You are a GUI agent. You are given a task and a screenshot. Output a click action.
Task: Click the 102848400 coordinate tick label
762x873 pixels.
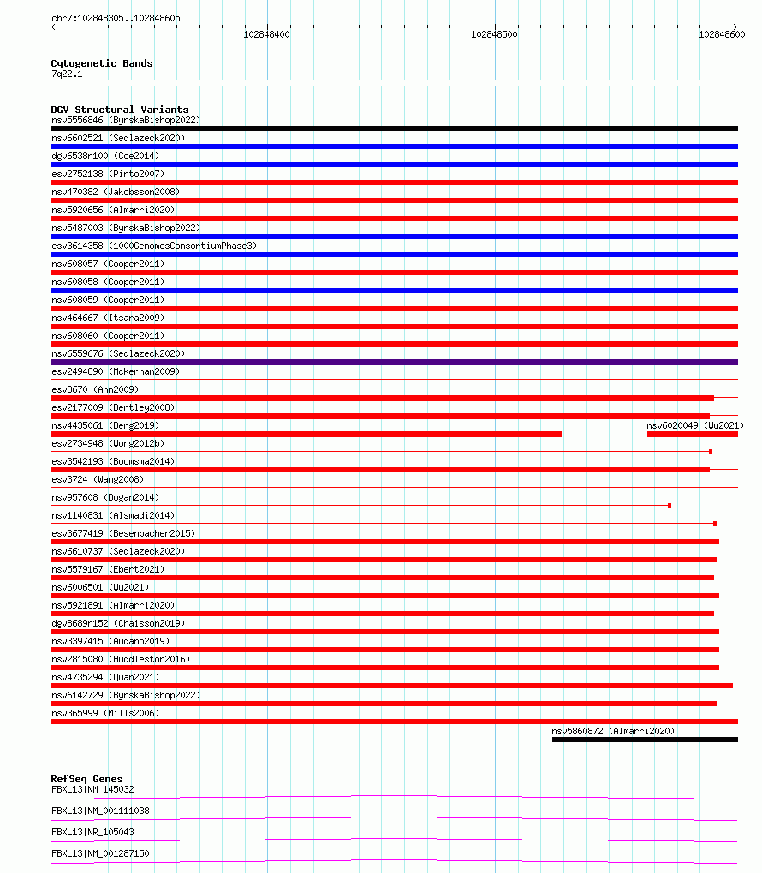coord(266,34)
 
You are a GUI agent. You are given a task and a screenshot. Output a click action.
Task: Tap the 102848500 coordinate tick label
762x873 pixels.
coord(494,34)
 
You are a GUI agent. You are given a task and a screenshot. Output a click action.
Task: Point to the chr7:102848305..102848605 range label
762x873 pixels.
coord(116,18)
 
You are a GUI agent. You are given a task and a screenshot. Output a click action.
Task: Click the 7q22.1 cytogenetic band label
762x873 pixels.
coord(67,74)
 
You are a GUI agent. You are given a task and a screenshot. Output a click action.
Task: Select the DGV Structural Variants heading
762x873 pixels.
coord(119,110)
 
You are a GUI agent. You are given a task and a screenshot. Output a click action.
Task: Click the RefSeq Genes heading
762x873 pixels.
coord(86,779)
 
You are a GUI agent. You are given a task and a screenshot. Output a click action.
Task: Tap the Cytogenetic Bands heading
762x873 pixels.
coord(101,63)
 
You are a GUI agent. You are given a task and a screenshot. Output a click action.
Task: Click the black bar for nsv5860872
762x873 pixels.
coord(644,739)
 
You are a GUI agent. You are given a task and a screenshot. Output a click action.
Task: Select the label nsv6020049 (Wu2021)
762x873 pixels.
coord(695,425)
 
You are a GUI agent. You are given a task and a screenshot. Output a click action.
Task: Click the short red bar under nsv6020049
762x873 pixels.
coord(692,434)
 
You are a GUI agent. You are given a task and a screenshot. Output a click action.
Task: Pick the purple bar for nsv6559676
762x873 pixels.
coord(394,362)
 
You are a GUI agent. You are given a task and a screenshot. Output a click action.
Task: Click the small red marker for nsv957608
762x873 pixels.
coord(670,506)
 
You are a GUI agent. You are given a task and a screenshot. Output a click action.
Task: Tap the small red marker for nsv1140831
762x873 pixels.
coord(715,524)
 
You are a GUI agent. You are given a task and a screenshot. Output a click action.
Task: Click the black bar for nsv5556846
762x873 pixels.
coord(394,128)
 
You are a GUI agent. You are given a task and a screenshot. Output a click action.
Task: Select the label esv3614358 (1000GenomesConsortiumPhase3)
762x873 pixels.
coord(154,246)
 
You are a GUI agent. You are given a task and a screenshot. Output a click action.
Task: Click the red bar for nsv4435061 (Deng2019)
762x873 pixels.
coord(306,434)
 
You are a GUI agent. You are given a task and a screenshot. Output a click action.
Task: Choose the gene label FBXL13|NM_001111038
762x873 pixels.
coord(100,811)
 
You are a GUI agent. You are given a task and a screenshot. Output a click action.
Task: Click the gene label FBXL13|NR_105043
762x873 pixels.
coord(92,832)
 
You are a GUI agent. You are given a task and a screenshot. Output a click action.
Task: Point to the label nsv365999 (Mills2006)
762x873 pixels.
coord(105,713)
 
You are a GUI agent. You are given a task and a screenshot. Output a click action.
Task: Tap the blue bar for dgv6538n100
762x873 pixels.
coord(394,164)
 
